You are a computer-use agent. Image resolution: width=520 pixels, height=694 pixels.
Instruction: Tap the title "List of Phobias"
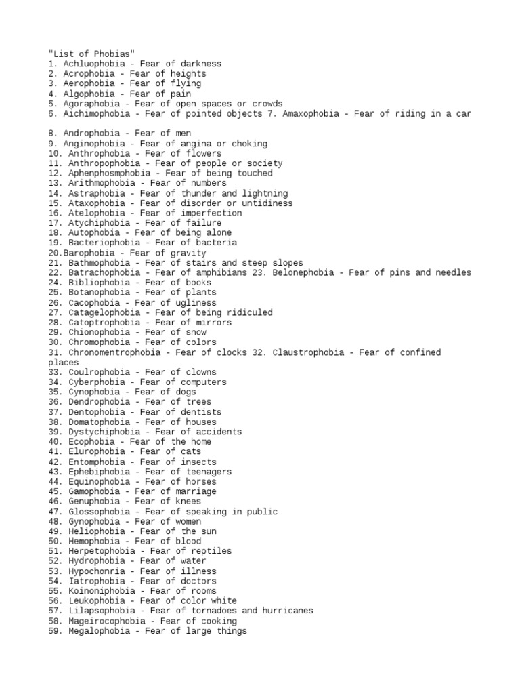[x=92, y=54]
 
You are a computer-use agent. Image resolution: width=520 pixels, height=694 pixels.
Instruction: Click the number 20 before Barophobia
[x=54, y=253]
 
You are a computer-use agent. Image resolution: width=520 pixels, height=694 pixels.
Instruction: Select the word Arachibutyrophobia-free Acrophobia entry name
[x=88, y=74]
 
